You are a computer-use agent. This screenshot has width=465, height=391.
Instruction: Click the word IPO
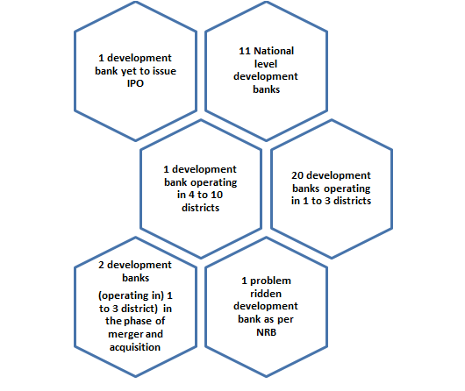135,83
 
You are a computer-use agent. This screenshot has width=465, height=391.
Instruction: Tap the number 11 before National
245,51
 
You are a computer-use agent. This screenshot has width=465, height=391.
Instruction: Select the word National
274,51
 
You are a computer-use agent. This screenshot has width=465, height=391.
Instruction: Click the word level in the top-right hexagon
266,64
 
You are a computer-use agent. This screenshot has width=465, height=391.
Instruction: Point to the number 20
297,175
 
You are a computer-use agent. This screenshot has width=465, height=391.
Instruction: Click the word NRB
267,332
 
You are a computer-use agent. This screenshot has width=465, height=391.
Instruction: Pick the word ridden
266,294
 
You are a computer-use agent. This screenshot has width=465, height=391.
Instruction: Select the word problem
270,281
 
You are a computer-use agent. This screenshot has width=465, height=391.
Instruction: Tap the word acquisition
135,347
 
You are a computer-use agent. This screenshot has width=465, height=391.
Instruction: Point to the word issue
164,71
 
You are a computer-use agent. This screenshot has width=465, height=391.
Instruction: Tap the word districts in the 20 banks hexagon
353,201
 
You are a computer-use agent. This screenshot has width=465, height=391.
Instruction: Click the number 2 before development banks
101,265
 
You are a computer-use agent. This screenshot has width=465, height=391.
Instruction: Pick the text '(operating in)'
131,295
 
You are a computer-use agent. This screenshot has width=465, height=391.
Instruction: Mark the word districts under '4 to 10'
200,208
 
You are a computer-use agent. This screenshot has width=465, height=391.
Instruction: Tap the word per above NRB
286,320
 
